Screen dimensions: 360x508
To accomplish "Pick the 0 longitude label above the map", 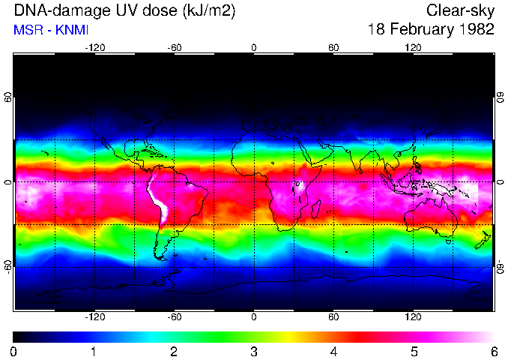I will tap(254, 47).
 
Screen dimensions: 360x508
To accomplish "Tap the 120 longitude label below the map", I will tap(414, 317).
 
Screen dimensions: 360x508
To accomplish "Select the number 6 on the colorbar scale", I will tap(493, 352).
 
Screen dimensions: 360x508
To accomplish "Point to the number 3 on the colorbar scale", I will tap(254, 352).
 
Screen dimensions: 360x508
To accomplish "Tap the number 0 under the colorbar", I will tap(14, 352).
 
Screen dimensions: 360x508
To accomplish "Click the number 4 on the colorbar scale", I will tap(333, 352).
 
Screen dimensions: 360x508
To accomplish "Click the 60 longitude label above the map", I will tap(333, 47).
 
